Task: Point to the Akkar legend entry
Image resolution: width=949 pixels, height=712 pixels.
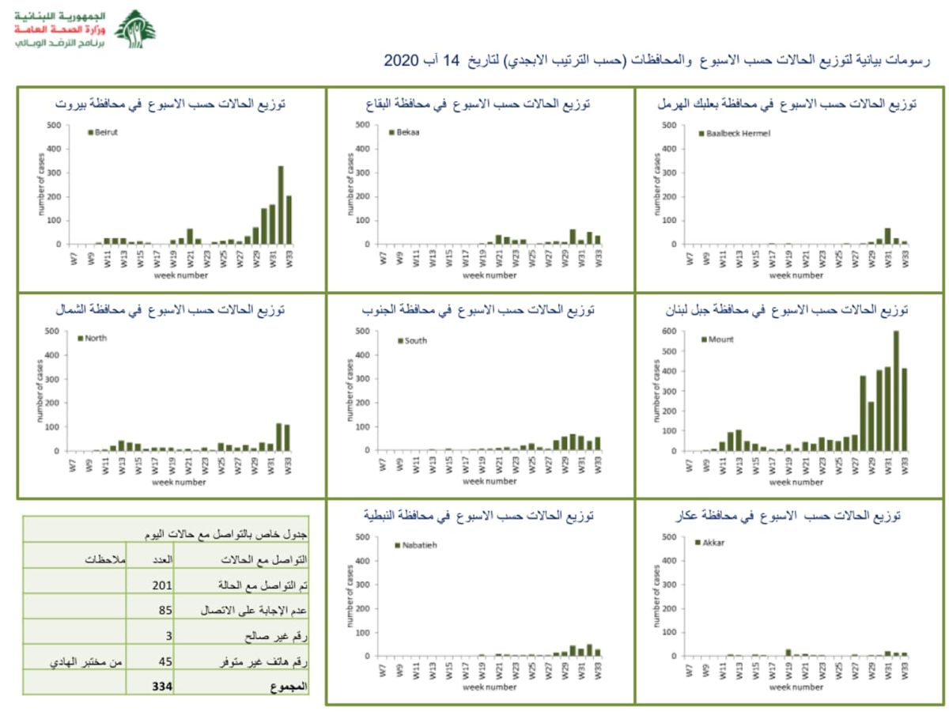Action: (709, 543)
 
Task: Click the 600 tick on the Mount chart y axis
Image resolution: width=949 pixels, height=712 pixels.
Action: (671, 331)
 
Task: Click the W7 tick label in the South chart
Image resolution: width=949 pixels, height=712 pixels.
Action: (383, 464)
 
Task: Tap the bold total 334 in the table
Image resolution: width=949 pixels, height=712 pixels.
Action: (163, 686)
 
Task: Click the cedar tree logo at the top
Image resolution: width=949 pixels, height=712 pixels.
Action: (135, 30)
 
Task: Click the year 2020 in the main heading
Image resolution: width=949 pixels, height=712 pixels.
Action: (399, 61)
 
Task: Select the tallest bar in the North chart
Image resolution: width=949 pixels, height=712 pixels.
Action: (279, 437)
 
